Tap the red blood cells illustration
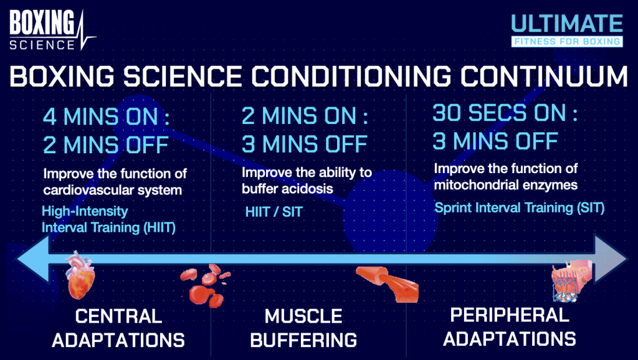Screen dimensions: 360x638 (206, 286)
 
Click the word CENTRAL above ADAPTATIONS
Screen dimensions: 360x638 (118, 316)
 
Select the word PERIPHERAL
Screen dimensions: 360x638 (510, 315)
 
